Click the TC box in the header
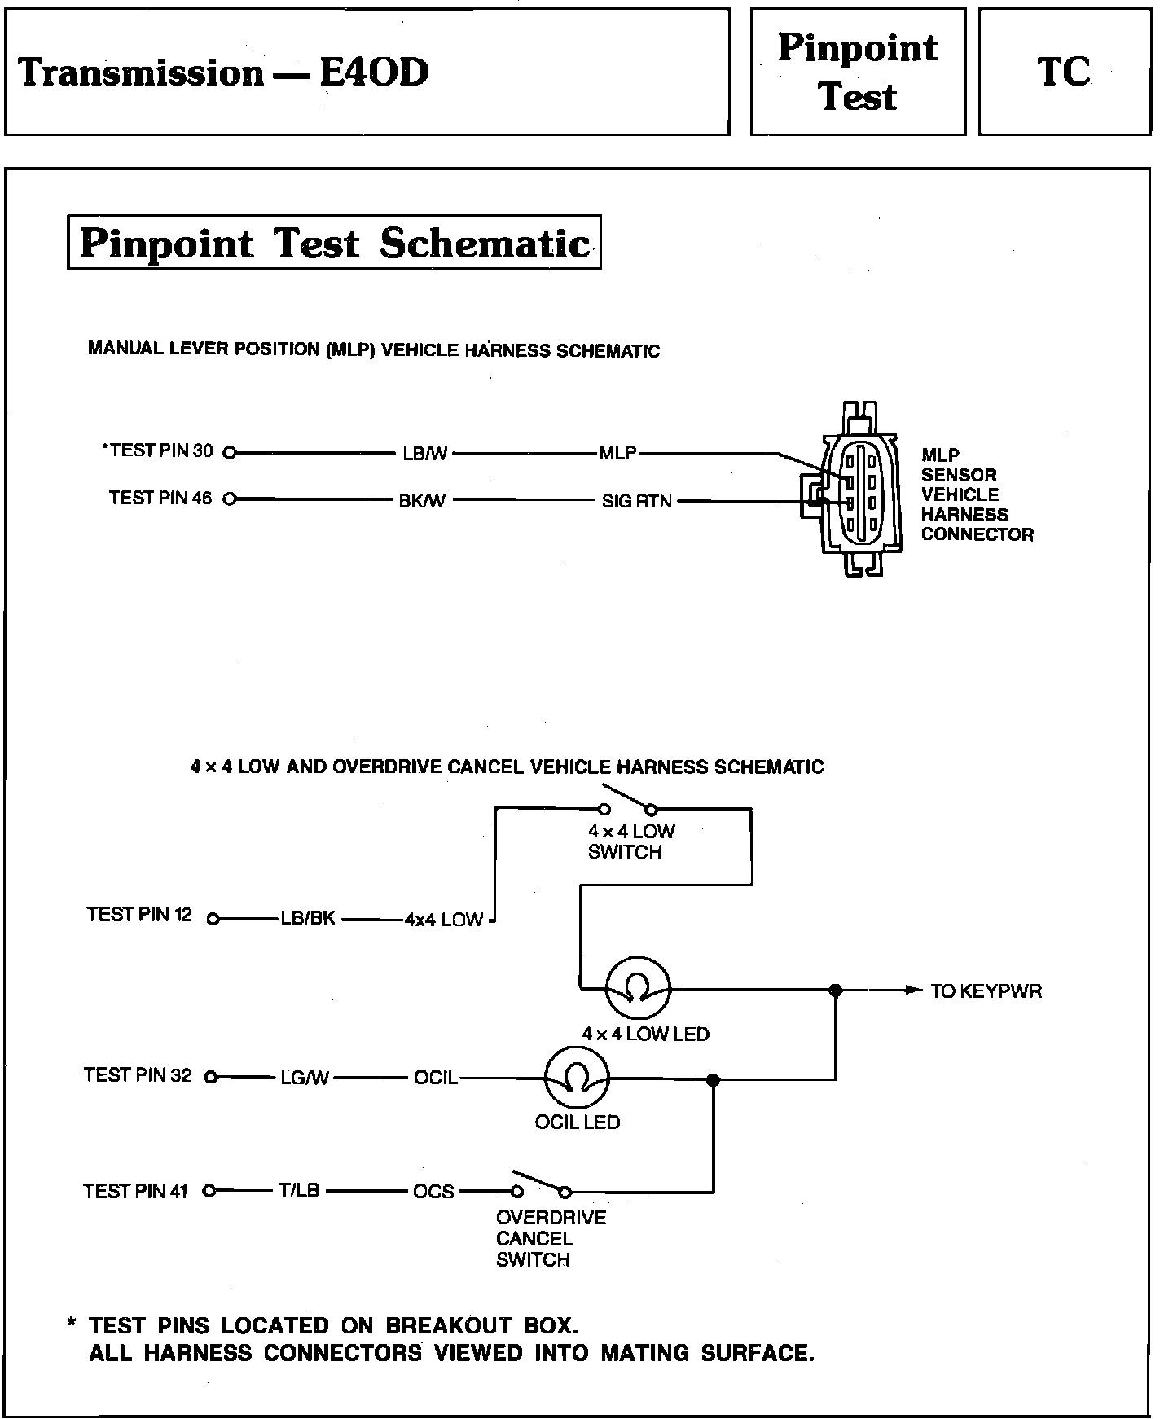pyautogui.click(x=1064, y=72)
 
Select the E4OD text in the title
pyautogui.click(x=374, y=72)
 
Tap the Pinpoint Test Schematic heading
pyautogui.click(x=334, y=243)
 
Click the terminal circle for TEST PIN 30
pyautogui.click(x=230, y=453)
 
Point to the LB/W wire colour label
pyautogui.click(x=424, y=454)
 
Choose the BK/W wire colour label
pyautogui.click(x=422, y=501)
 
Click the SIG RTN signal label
pyautogui.click(x=636, y=501)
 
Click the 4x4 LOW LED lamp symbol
pyautogui.click(x=637, y=989)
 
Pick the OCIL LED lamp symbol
pyautogui.click(x=577, y=1078)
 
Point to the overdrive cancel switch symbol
pyautogui.click(x=540, y=1186)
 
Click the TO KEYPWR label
pyautogui.click(x=986, y=991)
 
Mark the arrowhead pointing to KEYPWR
pyautogui.click(x=912, y=990)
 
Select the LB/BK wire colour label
pyautogui.click(x=308, y=919)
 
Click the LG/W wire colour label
pyautogui.click(x=305, y=1078)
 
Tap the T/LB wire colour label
pyautogui.click(x=299, y=1191)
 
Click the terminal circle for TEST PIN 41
pyautogui.click(x=210, y=1191)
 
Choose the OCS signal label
pyautogui.click(x=433, y=1191)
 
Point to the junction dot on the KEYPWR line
pyautogui.click(x=836, y=990)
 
